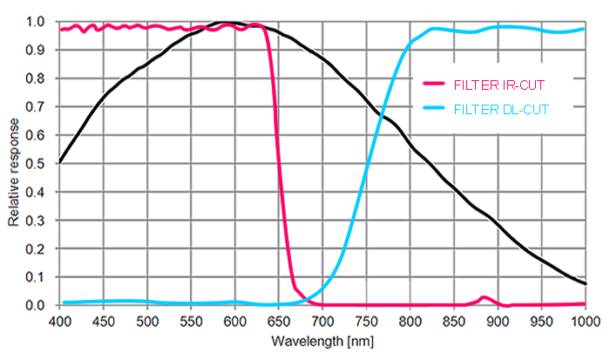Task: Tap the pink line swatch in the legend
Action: (x=433, y=85)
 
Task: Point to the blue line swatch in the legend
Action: (x=433, y=109)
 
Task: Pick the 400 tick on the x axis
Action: (x=60, y=320)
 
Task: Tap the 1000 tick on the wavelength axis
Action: (x=583, y=320)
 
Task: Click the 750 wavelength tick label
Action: (x=366, y=320)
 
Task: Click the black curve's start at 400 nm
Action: (x=60, y=162)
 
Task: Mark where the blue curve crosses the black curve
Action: (x=381, y=112)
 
